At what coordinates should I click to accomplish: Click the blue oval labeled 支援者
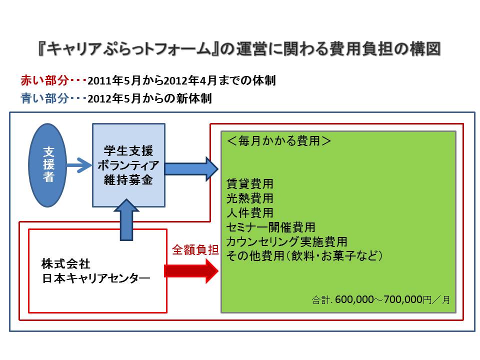point(48,165)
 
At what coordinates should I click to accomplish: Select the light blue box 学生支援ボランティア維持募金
point(128,165)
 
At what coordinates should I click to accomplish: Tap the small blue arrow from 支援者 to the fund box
point(79,165)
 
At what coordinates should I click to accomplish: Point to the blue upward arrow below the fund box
point(128,220)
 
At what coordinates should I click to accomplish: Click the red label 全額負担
point(195,250)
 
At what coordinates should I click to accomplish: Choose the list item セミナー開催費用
point(270,227)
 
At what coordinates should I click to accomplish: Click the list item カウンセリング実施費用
point(286,242)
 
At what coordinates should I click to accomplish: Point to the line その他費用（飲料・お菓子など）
point(304,256)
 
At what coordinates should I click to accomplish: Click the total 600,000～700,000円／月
point(381,300)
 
